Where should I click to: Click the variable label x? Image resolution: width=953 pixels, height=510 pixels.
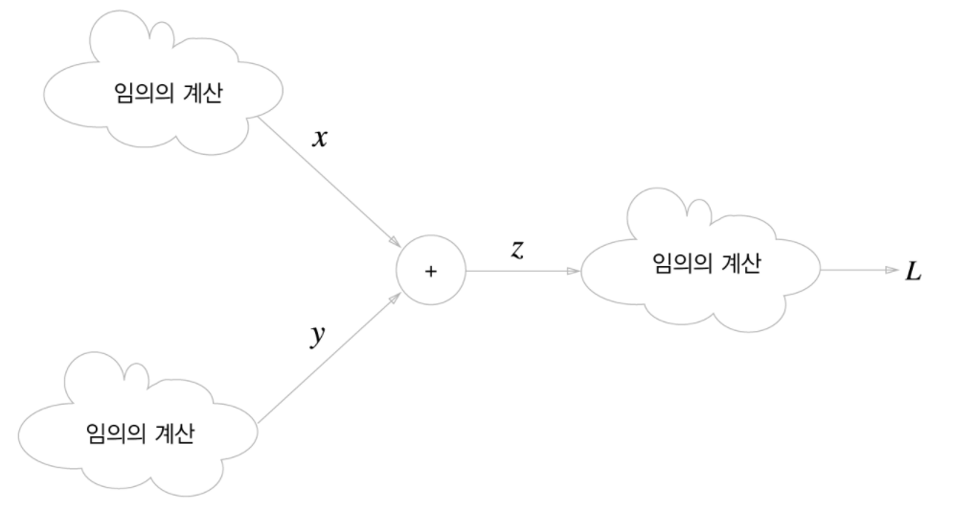(x=321, y=139)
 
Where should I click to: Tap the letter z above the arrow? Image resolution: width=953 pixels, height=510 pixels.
(x=517, y=251)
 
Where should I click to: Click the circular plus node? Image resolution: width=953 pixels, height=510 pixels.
(x=430, y=271)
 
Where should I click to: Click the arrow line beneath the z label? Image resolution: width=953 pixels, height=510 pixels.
(x=522, y=271)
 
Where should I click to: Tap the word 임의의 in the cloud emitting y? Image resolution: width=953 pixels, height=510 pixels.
(x=106, y=432)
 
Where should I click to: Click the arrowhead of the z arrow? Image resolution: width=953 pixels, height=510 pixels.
(x=575, y=271)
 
